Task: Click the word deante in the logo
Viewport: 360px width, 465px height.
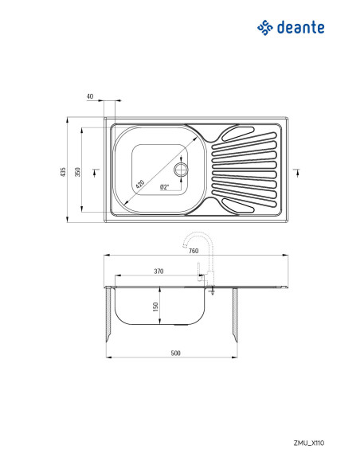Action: click(x=300, y=28)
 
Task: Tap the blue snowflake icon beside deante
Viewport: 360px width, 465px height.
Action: click(x=265, y=28)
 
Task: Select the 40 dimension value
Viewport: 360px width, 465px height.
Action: click(x=90, y=96)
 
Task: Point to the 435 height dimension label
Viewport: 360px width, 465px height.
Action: click(x=63, y=172)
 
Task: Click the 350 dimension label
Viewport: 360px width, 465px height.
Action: click(x=77, y=172)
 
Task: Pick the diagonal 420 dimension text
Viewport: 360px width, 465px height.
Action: click(x=141, y=183)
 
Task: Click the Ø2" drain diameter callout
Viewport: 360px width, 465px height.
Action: click(x=164, y=187)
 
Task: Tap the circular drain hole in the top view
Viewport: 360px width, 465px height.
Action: click(x=181, y=170)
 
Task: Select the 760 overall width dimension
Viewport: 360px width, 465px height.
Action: click(x=194, y=251)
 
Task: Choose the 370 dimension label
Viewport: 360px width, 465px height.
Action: click(x=158, y=272)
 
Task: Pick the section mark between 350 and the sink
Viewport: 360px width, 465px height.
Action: click(x=96, y=171)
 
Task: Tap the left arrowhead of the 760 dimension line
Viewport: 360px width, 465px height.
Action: click(x=107, y=256)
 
